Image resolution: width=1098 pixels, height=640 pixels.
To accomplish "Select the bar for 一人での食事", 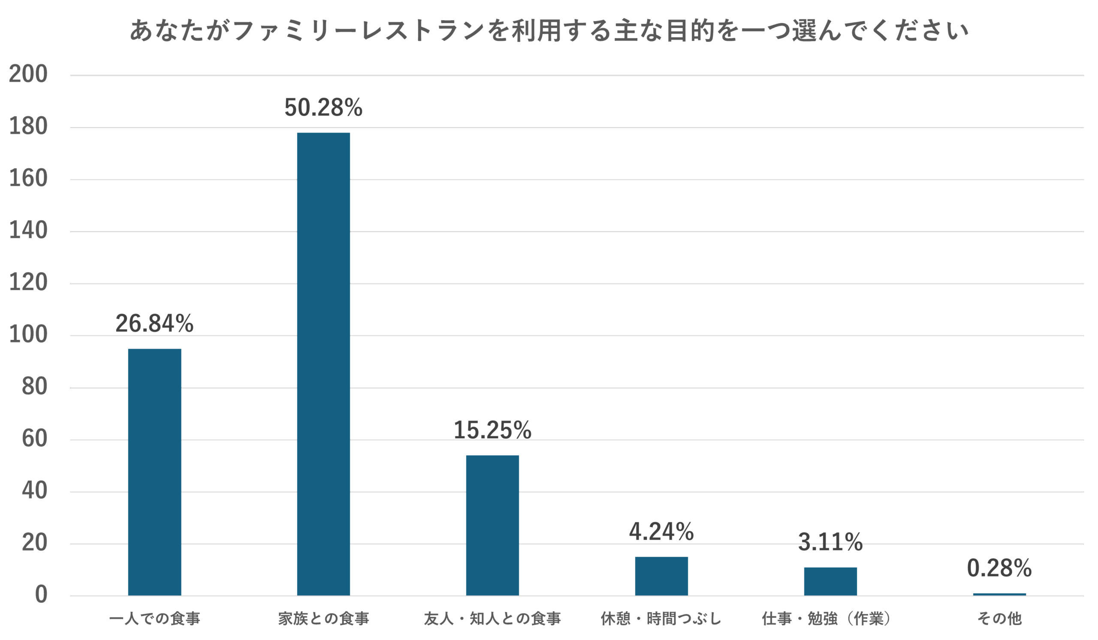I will [155, 471].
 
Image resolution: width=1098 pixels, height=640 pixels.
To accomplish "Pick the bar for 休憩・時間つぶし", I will [661, 576].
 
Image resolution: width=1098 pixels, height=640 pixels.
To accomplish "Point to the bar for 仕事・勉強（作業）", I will [830, 581].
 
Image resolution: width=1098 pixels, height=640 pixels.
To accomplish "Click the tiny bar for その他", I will [999, 594].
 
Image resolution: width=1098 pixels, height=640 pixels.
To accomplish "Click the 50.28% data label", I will [323, 108].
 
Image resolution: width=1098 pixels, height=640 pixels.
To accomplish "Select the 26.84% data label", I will [154, 324].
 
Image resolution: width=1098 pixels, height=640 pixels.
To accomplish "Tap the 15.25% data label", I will [492, 430].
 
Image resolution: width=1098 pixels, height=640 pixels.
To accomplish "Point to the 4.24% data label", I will [661, 532].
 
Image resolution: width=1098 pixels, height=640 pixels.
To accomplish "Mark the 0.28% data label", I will [999, 568].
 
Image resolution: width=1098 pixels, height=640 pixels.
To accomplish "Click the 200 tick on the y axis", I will [28, 75].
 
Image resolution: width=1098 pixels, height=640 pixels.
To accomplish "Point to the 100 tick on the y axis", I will [28, 335].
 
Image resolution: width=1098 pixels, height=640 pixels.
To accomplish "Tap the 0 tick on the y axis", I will [40, 595].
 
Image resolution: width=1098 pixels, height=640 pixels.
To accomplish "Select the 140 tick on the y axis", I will [28, 231].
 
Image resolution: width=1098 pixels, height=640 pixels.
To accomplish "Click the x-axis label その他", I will [999, 619].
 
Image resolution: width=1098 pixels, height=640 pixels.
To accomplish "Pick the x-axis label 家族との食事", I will [323, 619].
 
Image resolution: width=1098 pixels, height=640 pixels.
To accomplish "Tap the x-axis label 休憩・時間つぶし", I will [661, 619].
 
